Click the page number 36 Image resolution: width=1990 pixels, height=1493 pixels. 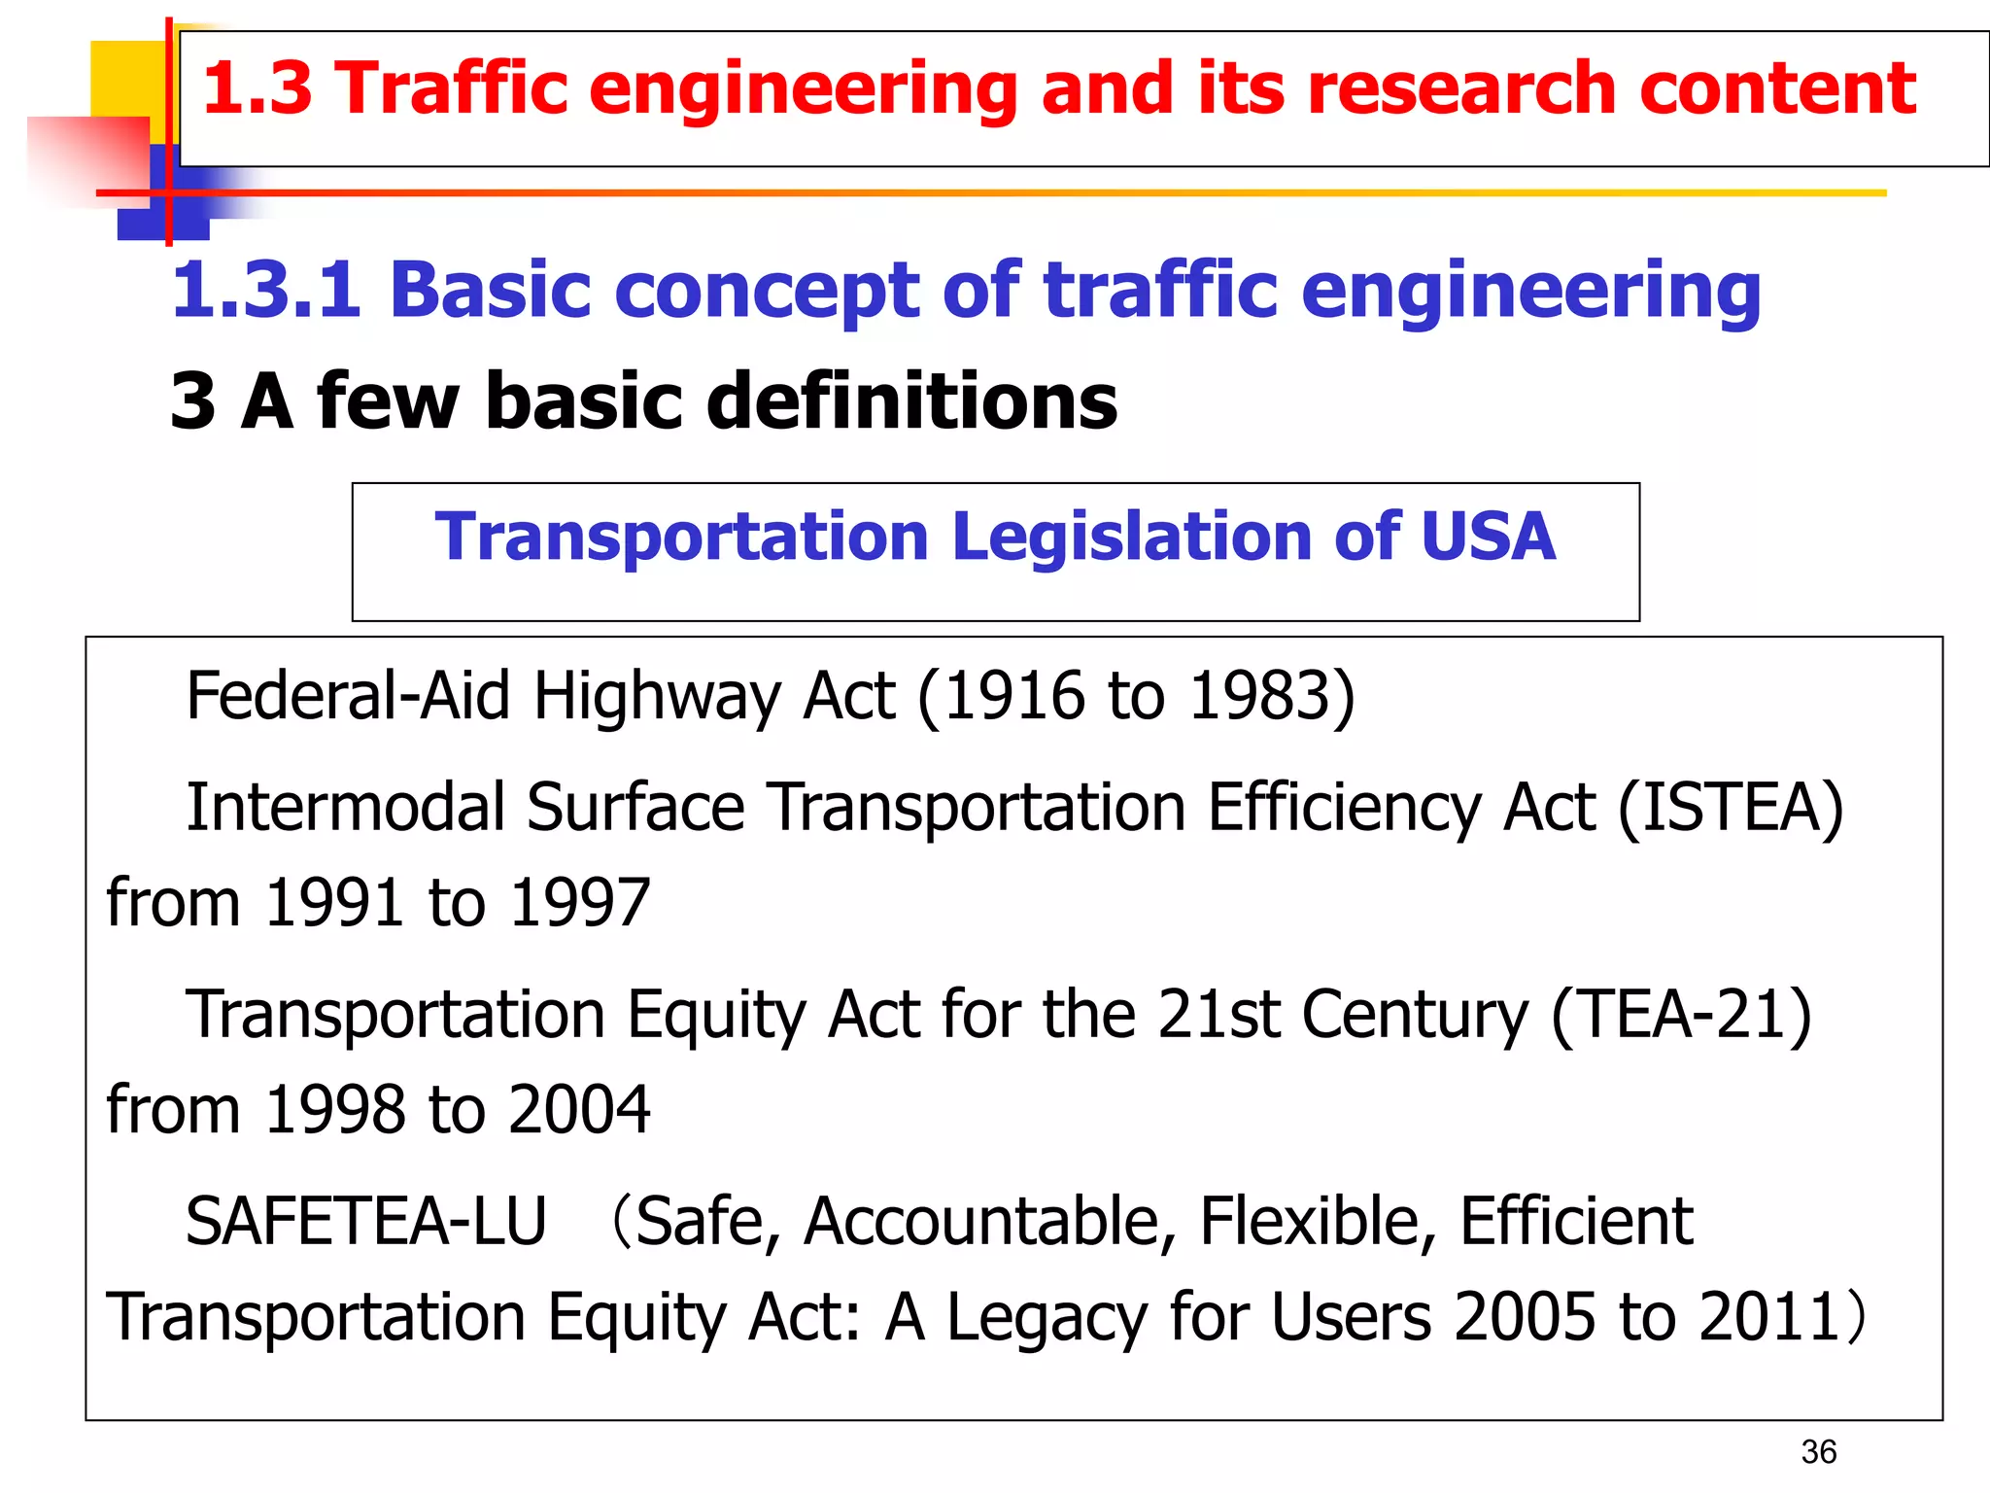[1818, 1452]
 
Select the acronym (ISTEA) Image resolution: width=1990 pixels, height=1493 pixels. [1730, 808]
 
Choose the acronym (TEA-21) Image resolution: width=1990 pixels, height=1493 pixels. [1681, 1015]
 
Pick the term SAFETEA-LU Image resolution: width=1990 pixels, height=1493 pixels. [366, 1222]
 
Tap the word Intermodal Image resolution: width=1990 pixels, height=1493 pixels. [345, 808]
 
